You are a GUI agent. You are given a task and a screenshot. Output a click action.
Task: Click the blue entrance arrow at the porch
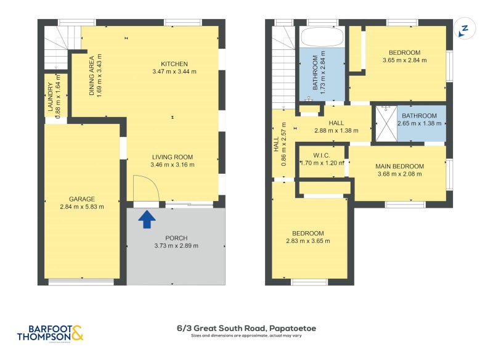click(x=146, y=219)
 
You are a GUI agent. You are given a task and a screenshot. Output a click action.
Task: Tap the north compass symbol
click(x=465, y=28)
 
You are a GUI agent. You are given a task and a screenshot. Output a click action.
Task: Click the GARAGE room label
click(x=81, y=199)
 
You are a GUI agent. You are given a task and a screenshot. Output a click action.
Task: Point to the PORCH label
click(x=176, y=238)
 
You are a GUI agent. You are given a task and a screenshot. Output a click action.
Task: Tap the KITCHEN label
click(x=174, y=64)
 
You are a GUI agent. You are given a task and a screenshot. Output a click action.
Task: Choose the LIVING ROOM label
click(x=173, y=157)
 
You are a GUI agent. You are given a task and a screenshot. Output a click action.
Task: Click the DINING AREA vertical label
click(x=92, y=75)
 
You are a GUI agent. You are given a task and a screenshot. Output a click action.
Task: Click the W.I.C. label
click(x=320, y=155)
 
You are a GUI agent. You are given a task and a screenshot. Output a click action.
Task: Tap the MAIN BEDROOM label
click(x=399, y=166)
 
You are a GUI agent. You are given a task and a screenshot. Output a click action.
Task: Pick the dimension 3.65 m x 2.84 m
click(x=404, y=60)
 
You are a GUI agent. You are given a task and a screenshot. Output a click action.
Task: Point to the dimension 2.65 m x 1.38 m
click(x=420, y=123)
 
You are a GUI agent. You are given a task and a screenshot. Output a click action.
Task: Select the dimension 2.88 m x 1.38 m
click(x=336, y=131)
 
